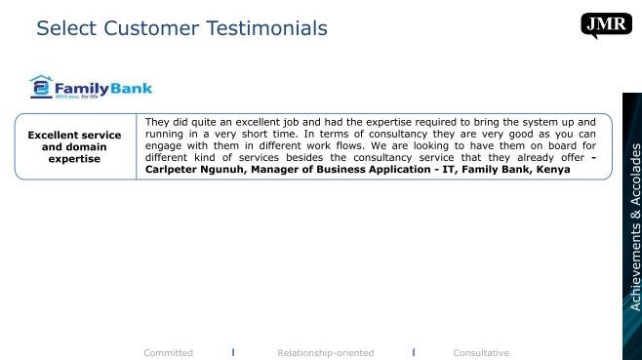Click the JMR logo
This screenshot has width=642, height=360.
point(606,25)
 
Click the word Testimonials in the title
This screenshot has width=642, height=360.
point(266,28)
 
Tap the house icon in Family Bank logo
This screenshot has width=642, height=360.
point(41,87)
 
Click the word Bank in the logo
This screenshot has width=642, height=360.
point(131,88)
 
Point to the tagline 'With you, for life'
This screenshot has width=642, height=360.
point(76,97)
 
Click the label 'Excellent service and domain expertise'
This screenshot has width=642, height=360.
point(74,146)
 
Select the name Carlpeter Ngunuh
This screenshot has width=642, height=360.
point(194,170)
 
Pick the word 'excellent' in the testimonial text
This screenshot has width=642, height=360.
point(258,122)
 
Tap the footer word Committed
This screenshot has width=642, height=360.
point(168,352)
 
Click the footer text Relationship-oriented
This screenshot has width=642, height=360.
point(326,352)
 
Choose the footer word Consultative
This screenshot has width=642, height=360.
point(481,352)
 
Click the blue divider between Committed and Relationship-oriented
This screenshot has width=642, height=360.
point(233,352)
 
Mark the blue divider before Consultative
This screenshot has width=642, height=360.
point(414,352)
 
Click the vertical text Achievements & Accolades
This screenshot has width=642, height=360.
point(635,227)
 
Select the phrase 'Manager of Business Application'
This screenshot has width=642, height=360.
point(341,170)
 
